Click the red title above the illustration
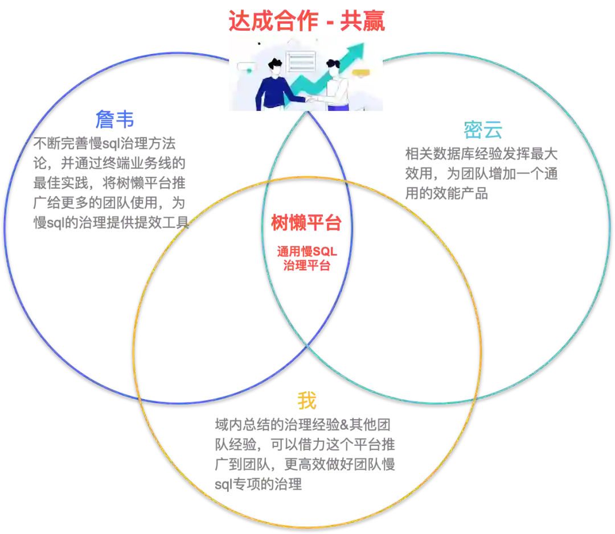click(307, 21)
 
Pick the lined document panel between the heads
click(301, 61)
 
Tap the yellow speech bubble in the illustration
click(360, 72)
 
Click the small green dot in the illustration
click(249, 70)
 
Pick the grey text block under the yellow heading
click(304, 454)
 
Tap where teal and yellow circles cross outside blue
click(474, 398)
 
